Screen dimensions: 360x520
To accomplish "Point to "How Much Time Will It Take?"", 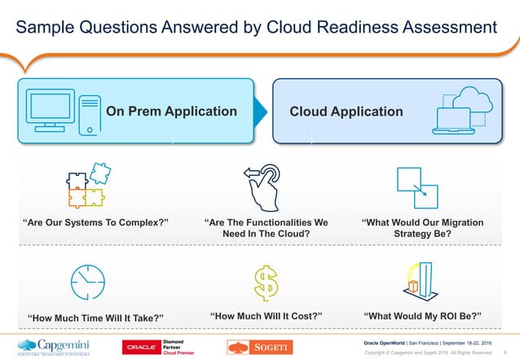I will pos(96,317).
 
